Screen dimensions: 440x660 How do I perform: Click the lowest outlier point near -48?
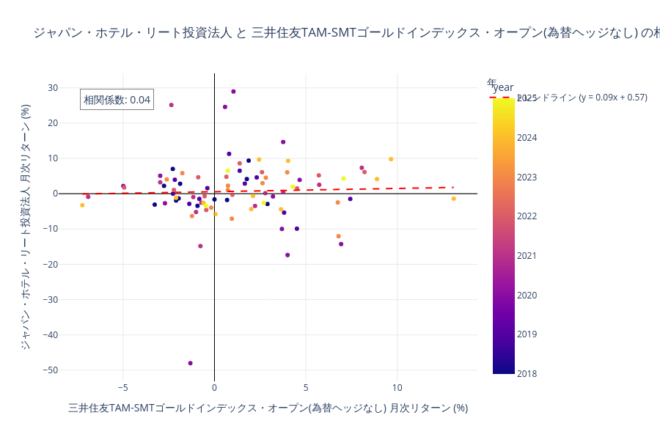click(x=190, y=363)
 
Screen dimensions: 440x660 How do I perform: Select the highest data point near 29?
click(x=233, y=92)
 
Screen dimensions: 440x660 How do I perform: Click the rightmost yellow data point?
click(x=453, y=199)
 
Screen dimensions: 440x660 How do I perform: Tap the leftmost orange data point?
click(x=82, y=205)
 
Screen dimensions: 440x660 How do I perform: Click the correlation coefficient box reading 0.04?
click(x=117, y=100)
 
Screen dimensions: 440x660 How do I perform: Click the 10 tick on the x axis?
click(x=397, y=387)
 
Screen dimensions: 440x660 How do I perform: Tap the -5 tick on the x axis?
click(x=122, y=387)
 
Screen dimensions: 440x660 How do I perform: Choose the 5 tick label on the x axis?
click(x=306, y=387)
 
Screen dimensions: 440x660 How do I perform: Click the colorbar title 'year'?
click(x=503, y=87)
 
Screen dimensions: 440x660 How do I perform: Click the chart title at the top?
click(x=345, y=32)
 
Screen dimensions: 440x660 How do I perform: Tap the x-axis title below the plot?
click(x=268, y=408)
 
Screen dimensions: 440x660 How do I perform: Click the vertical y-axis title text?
click(x=26, y=226)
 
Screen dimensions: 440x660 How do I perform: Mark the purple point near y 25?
click(x=172, y=105)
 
